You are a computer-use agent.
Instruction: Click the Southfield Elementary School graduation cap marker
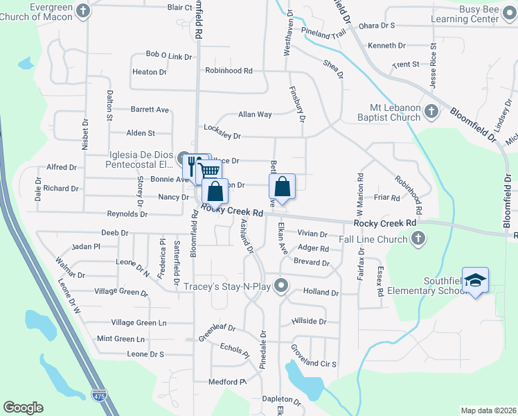coord(475,280)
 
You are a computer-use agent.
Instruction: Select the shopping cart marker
coord(211,171)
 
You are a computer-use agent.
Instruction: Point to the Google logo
coord(23,408)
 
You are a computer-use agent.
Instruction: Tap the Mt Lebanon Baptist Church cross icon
coord(430,111)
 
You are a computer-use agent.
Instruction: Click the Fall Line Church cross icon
coord(418,239)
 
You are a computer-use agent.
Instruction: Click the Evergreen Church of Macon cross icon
coord(83,10)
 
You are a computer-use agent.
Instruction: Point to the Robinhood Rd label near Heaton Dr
coord(229,71)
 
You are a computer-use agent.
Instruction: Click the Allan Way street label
coord(255,114)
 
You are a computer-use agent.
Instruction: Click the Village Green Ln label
coord(139,322)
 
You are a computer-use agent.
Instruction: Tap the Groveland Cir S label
coord(313,364)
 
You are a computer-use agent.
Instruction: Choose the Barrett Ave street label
coord(150,110)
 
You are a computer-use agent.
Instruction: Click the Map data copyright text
coord(488,410)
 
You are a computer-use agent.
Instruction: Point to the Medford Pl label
coord(229,382)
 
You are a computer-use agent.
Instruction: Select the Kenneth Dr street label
coord(386,45)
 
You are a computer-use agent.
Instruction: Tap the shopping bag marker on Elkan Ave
coord(282,187)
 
